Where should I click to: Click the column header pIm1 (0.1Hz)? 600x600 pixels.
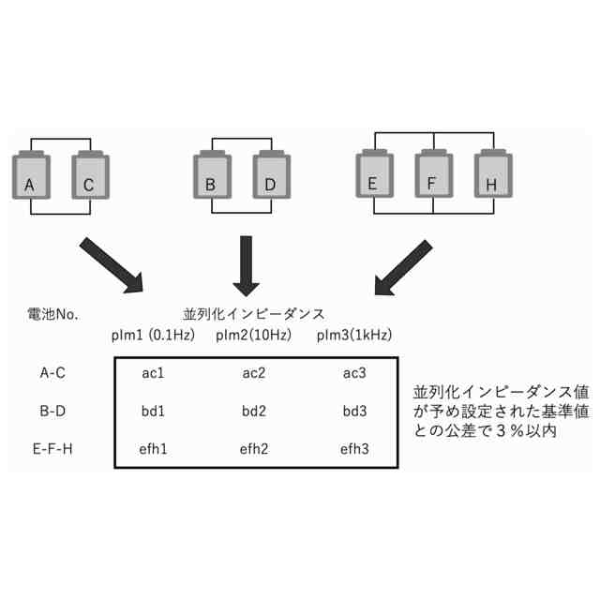154,335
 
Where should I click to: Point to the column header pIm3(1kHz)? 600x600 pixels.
353,335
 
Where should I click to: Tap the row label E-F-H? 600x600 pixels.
52,448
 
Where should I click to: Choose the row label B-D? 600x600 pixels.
52,411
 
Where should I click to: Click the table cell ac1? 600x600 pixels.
154,373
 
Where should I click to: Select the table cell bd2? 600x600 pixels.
254,411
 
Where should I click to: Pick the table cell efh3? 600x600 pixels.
353,448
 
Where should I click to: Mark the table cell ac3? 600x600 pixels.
353,373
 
